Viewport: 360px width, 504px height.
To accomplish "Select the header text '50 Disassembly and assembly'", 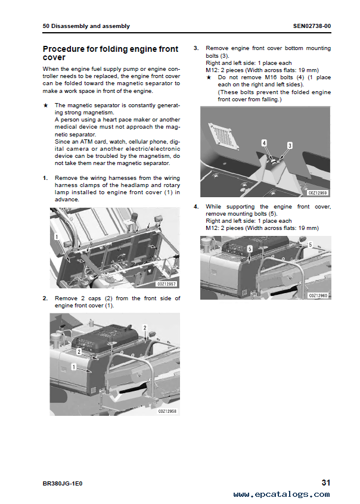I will tap(86, 26).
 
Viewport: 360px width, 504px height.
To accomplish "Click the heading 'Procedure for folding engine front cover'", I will tap(103, 53).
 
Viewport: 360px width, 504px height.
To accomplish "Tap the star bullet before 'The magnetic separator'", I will tap(46, 105).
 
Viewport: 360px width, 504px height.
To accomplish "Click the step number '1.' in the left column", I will tap(46, 178).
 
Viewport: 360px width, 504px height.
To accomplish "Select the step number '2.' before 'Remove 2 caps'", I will tap(46, 298).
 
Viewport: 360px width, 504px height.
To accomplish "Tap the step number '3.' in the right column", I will tap(197, 48).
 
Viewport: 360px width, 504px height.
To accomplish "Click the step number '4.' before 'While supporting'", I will tap(197, 206).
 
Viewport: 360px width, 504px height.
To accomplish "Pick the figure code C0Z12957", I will tap(167, 284).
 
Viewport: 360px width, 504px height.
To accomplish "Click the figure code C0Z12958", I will tap(167, 411).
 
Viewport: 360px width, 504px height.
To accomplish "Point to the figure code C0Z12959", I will tap(318, 192).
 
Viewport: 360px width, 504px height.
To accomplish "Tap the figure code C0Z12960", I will tap(318, 295).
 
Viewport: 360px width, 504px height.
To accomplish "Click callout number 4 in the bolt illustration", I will tap(264, 143).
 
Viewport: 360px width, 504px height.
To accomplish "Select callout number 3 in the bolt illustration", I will tap(290, 145).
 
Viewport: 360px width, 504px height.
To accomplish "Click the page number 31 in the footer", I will tap(325, 483).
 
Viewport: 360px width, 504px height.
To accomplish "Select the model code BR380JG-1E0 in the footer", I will tap(63, 483).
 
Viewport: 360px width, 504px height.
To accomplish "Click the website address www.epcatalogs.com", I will tap(281, 494).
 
